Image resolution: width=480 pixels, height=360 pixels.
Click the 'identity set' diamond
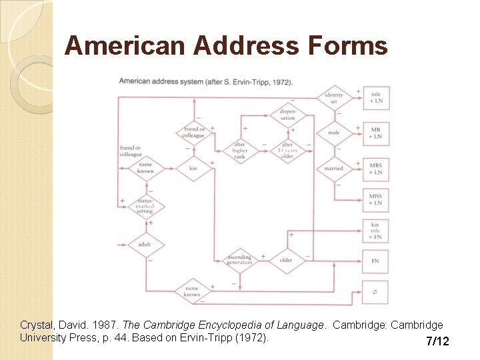(x=333, y=98)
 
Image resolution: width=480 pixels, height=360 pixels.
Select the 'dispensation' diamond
(x=287, y=114)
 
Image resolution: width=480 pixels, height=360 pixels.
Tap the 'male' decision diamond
(x=333, y=133)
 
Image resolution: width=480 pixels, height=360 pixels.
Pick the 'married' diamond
(x=333, y=168)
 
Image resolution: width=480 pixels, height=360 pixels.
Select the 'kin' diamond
(x=193, y=168)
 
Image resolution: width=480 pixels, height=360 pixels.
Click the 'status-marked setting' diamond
(x=145, y=206)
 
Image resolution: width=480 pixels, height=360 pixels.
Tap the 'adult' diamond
(x=145, y=244)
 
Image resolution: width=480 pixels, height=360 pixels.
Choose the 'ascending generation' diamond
(x=239, y=259)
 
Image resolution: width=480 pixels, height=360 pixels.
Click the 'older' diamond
(x=286, y=259)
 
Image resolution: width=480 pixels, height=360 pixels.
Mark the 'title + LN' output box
(x=375, y=98)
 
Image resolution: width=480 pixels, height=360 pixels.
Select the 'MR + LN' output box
(x=375, y=133)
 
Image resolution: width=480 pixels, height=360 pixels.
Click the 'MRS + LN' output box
(x=375, y=168)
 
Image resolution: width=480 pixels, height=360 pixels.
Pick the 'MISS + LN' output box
(x=375, y=199)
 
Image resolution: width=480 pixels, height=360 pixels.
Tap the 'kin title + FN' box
(x=375, y=230)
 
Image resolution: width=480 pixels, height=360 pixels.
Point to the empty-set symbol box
(x=375, y=291)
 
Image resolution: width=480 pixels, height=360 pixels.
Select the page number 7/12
(x=437, y=341)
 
